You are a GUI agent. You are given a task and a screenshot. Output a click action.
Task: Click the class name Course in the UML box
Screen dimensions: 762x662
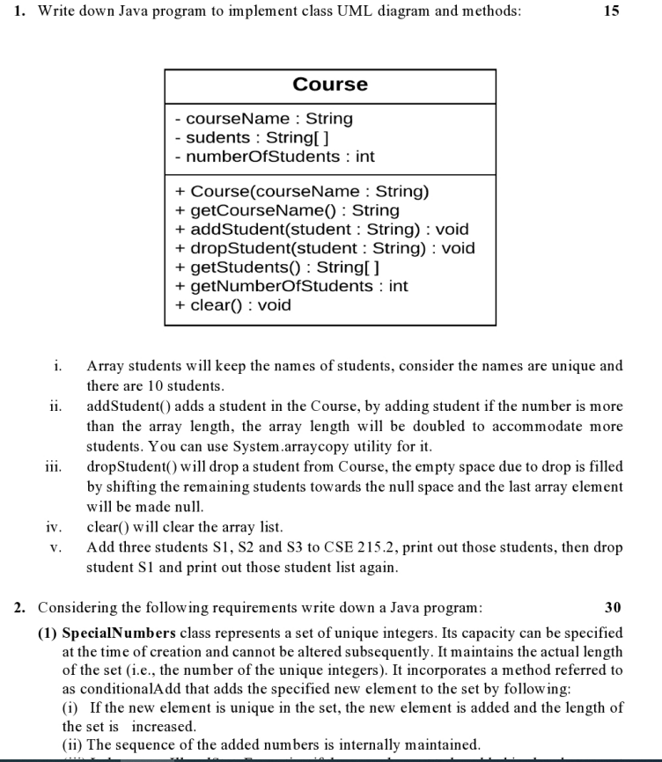pos(330,84)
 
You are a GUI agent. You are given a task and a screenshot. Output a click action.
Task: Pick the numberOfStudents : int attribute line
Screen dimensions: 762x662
pos(274,157)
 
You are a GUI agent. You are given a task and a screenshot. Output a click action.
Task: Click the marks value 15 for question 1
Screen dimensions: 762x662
pos(613,11)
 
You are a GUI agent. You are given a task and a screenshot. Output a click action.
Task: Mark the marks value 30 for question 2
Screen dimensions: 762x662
pos(614,607)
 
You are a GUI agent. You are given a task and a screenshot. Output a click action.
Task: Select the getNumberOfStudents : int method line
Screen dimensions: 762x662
pos(291,286)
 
